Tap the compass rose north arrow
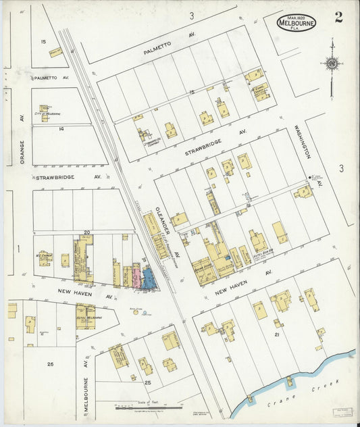pos(332,64)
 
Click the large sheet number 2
pos(338,17)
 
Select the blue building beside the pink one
pos(147,278)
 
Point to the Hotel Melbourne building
pos(86,316)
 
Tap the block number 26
pos(50,364)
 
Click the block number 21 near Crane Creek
pos(277,334)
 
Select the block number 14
pos(61,128)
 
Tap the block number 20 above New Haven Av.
pos(86,232)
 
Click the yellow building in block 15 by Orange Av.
pos(55,51)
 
